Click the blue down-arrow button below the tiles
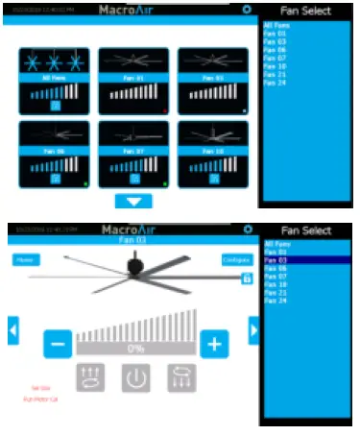133,201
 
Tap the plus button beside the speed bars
213,344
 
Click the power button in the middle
135,377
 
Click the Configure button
235,259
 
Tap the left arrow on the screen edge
13,331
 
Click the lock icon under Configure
247,277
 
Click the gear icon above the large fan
247,230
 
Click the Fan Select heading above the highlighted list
304,231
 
